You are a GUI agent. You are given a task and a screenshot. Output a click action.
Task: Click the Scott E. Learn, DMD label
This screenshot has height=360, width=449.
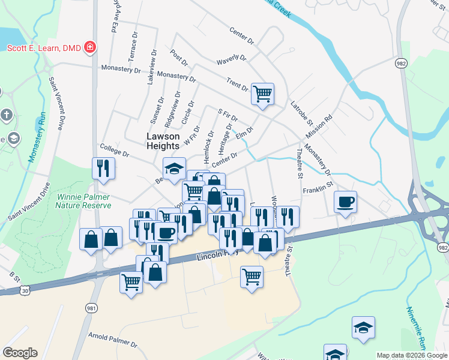pos(44,47)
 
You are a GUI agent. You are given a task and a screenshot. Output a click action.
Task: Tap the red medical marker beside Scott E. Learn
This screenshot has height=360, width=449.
pos(90,47)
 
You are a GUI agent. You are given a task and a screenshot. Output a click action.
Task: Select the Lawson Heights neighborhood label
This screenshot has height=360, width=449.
pos(163,141)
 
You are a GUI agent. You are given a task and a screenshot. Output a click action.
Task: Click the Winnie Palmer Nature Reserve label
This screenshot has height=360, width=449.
pos(84,200)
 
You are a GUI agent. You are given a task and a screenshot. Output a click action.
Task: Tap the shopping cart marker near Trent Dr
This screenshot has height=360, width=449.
pos(262,94)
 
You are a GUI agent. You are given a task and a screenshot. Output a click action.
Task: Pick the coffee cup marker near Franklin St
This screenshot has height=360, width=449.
pos(345,202)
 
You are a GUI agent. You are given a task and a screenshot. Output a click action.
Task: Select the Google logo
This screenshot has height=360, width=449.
pos(20,353)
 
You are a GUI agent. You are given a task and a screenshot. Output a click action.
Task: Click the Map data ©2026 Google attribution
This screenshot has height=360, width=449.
pos(412,355)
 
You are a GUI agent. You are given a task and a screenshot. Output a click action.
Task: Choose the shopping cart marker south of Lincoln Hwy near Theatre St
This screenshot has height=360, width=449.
pos(252,277)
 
